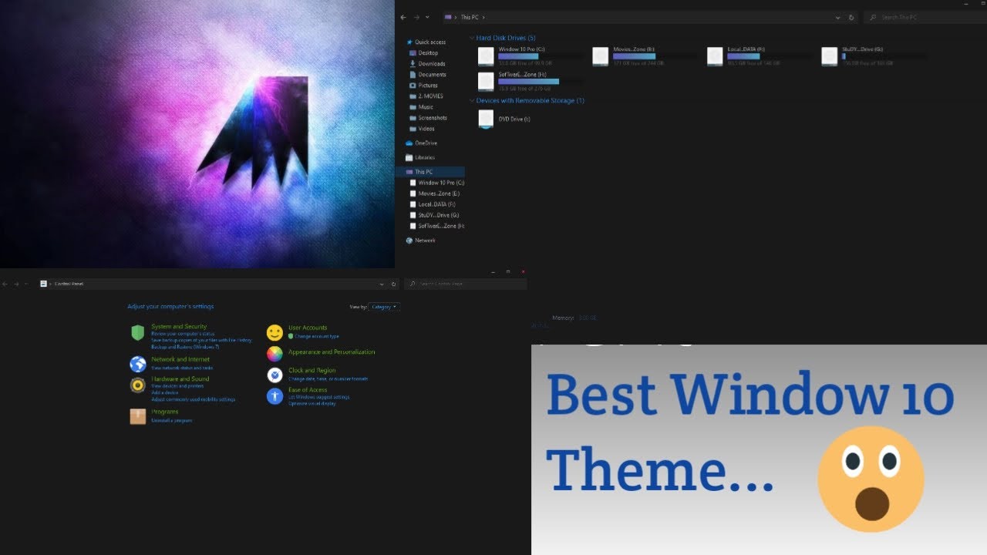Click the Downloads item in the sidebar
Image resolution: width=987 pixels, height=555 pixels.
(431, 64)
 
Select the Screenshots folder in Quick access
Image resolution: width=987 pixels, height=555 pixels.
(432, 118)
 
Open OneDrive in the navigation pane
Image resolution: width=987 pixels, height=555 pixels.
(426, 143)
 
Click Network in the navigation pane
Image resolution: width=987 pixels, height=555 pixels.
(425, 240)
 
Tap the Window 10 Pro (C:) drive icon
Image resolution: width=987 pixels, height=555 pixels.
(486, 56)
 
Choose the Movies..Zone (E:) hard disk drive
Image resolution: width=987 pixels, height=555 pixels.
(601, 56)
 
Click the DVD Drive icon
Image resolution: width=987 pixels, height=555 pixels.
(486, 119)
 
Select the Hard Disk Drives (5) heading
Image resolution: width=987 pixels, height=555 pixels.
(506, 38)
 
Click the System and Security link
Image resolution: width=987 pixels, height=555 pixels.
(179, 327)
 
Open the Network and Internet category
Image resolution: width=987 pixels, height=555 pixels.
(180, 359)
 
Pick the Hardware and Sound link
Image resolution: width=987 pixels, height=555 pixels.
(180, 379)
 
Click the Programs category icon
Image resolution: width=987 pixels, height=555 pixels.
(138, 416)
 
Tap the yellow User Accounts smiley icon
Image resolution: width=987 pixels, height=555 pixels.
(275, 332)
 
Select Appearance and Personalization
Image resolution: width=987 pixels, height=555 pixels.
(332, 352)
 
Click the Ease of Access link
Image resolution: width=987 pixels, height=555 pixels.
(308, 390)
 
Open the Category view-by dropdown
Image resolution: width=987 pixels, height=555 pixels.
(384, 307)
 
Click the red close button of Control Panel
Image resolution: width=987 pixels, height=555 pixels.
(523, 271)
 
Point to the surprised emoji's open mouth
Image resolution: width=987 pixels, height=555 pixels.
(872, 504)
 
